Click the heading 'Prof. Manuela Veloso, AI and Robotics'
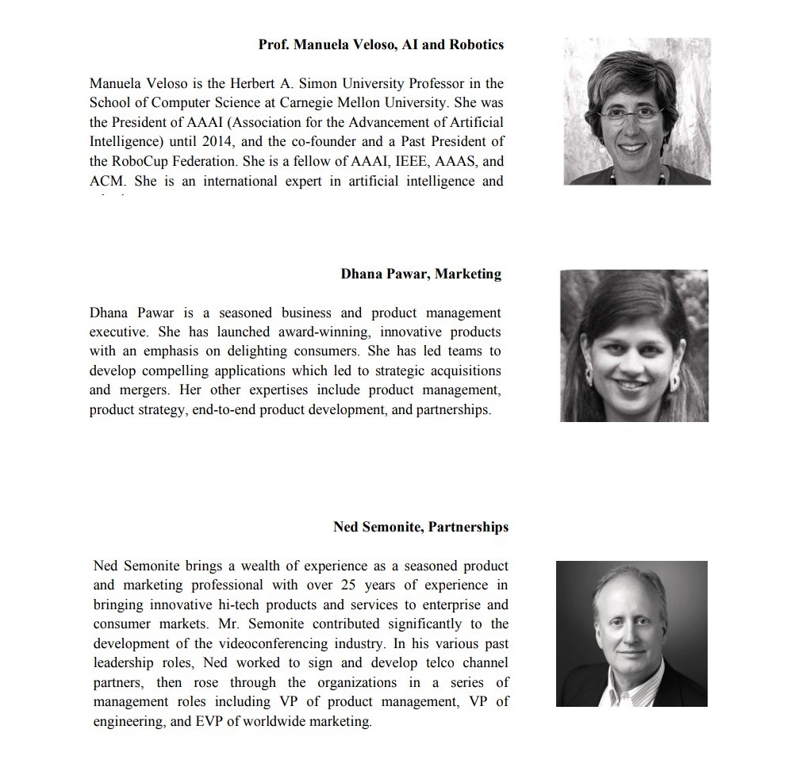click(381, 44)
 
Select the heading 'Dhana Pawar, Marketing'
click(420, 274)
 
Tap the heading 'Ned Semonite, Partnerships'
click(420, 527)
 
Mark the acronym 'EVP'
click(207, 722)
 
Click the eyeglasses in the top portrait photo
click(629, 114)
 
